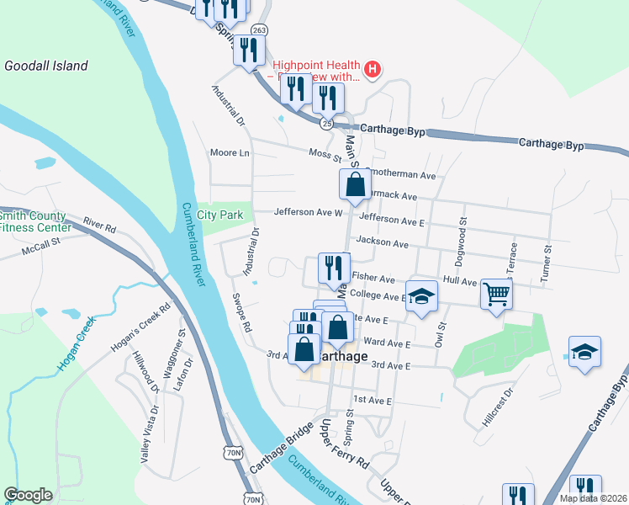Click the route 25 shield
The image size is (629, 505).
325,123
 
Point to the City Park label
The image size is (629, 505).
220,215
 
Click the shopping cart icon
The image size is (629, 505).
496,295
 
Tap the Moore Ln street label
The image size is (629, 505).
230,153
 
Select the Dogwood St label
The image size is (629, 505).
462,231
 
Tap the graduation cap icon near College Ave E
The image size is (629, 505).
422,296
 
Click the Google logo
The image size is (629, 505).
28,495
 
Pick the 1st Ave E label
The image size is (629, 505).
373,400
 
